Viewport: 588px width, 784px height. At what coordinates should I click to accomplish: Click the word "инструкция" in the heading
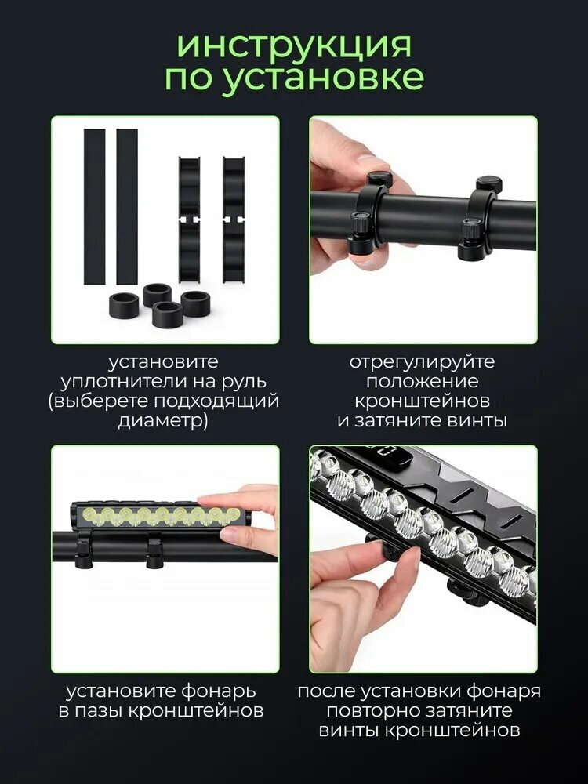295,46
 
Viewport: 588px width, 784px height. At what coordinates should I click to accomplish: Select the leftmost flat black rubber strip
94,206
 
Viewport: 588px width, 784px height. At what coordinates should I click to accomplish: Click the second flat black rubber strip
127,206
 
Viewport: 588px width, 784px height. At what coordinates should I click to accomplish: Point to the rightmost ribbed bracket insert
234,219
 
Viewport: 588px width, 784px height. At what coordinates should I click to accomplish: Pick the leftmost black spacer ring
124,306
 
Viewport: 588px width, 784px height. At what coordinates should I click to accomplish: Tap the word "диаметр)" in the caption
163,420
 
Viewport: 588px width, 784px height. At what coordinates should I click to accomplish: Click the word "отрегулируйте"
422,362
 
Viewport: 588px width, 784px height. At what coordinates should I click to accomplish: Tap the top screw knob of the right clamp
488,183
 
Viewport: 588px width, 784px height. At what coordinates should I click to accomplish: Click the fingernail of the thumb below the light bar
231,534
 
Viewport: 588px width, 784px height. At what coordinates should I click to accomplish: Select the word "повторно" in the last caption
372,711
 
